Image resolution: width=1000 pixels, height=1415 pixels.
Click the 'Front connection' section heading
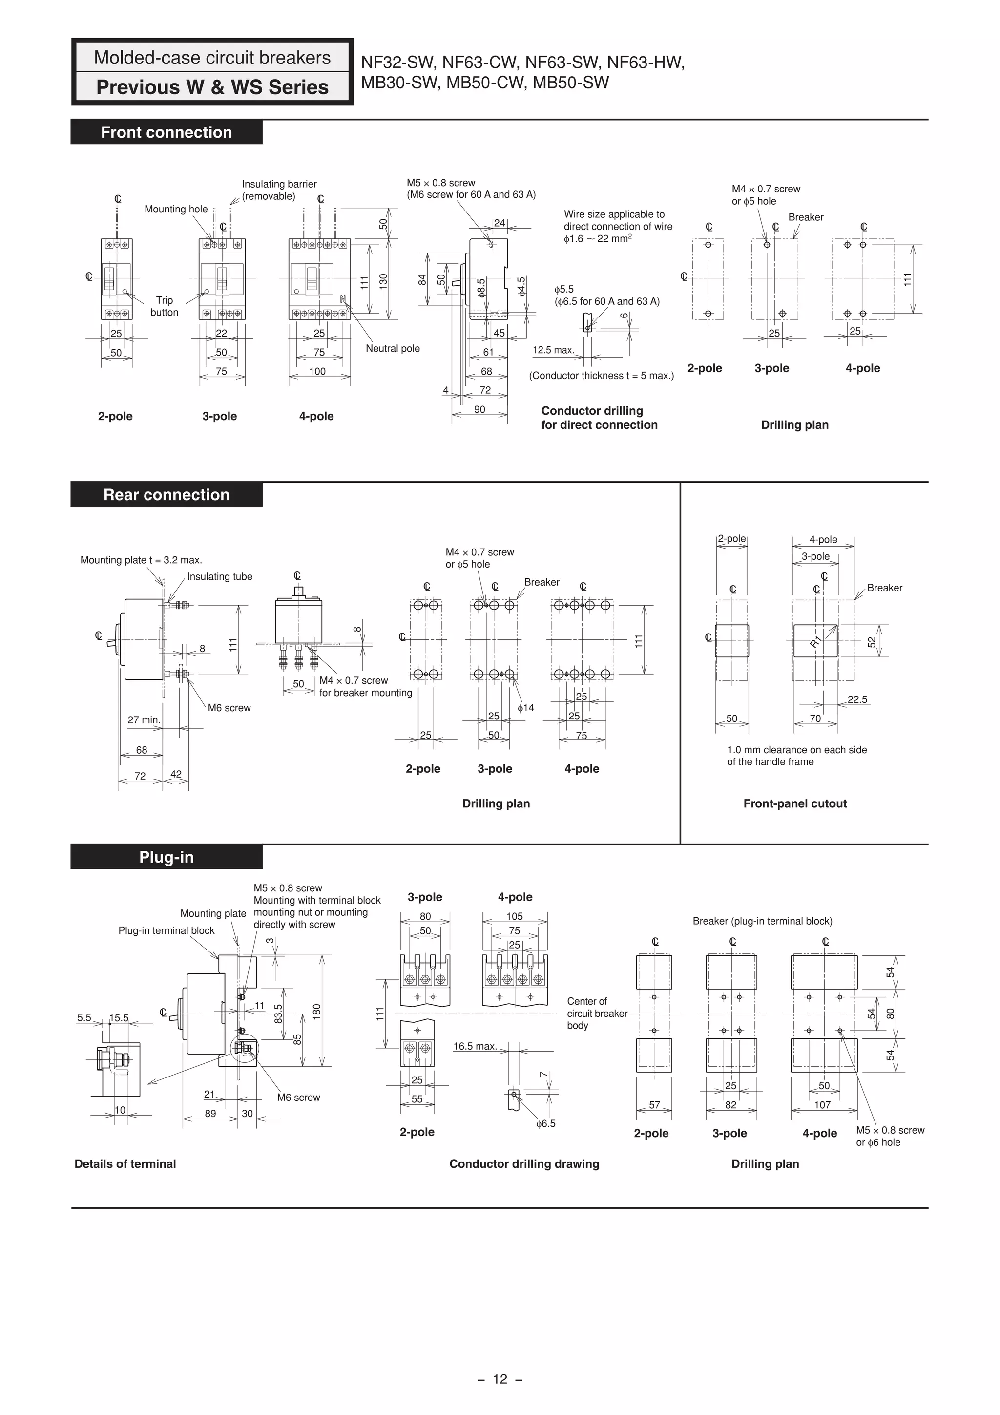(167, 132)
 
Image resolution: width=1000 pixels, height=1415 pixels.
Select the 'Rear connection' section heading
(167, 495)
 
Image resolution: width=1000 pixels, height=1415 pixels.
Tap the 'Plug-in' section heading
(167, 857)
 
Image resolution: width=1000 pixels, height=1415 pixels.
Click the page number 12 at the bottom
(500, 1379)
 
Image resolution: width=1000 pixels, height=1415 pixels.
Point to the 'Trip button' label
(164, 306)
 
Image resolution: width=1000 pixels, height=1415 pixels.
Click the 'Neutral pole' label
(393, 348)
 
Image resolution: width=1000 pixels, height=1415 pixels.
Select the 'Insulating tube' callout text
(219, 577)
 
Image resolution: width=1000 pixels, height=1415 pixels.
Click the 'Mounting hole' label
(176, 210)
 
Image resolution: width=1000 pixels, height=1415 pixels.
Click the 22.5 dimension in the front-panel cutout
(857, 699)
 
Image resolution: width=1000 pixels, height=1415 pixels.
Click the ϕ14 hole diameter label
(525, 708)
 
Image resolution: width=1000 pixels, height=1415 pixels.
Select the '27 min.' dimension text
(144, 720)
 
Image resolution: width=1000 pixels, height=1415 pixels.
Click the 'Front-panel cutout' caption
(795, 803)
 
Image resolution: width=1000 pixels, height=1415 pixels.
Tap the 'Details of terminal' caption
(125, 1164)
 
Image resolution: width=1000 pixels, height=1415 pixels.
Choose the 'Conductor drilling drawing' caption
(524, 1164)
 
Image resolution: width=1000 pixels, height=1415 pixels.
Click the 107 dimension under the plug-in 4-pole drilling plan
(823, 1105)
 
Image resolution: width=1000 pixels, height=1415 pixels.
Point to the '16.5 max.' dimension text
(475, 1046)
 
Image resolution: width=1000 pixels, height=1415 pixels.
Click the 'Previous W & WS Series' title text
(212, 87)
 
